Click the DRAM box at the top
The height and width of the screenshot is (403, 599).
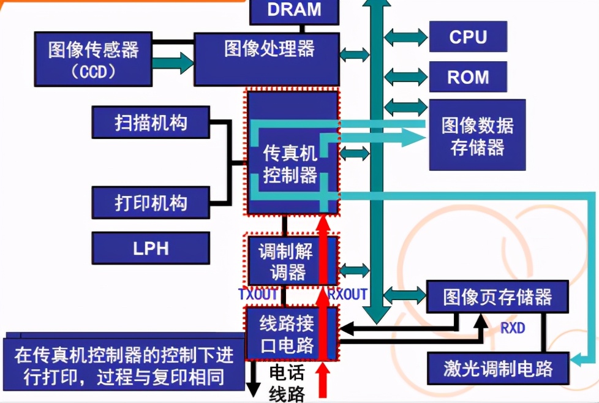[x=294, y=10]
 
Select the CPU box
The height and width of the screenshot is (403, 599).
[x=468, y=37]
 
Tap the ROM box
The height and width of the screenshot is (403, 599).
[x=468, y=77]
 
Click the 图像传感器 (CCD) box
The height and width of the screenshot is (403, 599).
[x=93, y=59]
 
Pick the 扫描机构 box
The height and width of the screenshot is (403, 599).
[x=151, y=122]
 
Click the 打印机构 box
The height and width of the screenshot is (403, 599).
[x=151, y=203]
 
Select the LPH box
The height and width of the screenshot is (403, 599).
[x=151, y=248]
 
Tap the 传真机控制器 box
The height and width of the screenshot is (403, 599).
[x=292, y=163]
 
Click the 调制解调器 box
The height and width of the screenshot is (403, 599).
[x=291, y=260]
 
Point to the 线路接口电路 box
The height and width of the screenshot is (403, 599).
[x=291, y=334]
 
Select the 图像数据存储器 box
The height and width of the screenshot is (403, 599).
[x=477, y=135]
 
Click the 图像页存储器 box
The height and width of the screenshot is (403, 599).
[x=497, y=298]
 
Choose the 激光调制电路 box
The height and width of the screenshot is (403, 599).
[x=497, y=369]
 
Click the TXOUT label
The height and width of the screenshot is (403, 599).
[x=258, y=294]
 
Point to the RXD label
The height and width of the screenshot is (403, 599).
[x=513, y=328]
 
